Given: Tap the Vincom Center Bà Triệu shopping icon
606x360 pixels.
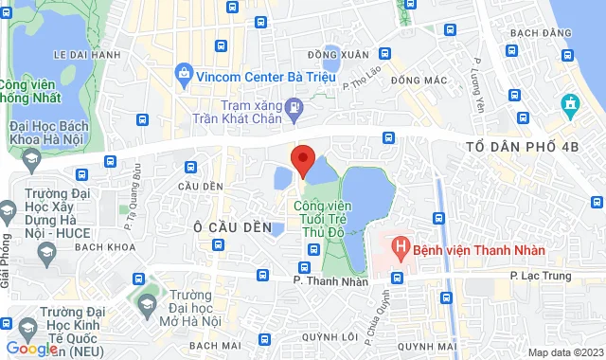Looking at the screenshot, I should click(183, 73).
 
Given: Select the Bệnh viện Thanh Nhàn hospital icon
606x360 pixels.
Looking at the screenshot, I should click(401, 249).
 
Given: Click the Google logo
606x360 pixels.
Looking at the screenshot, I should click(31, 349).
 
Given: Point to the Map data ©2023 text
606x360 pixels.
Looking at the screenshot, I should click(565, 352).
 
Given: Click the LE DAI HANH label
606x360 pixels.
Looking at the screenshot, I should click(88, 54).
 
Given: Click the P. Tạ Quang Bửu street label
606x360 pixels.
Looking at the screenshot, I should click(131, 210).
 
